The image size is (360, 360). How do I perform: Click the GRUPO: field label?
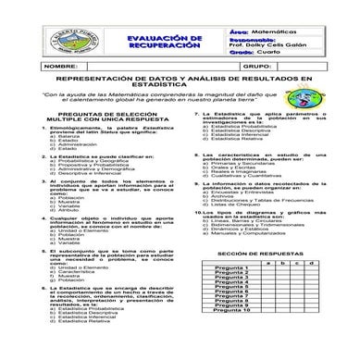230,68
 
